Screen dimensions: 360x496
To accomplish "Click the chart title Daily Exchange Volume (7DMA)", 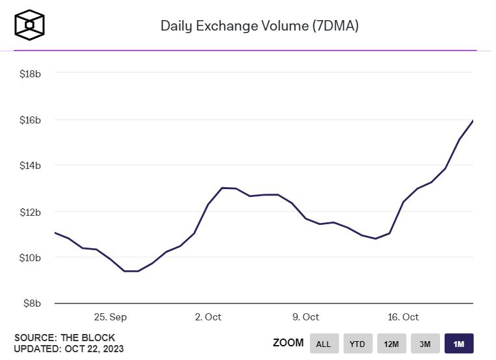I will pos(259,27).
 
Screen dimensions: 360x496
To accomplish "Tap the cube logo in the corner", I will pos(30,25).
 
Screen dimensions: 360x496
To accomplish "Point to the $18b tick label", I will pos(31,74).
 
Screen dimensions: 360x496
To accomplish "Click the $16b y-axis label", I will pos(31,120).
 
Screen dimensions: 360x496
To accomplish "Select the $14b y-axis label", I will pos(31,166).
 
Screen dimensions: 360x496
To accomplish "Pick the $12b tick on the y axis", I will pos(31,212).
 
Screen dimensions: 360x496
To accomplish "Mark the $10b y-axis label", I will pos(31,258).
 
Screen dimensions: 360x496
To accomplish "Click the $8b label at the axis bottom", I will pos(33,303).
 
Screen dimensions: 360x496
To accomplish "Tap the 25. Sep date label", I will pos(111,317).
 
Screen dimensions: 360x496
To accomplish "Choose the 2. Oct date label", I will pos(208,317).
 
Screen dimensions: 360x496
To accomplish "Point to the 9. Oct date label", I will pos(306,317).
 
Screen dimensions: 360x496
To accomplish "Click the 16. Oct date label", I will pos(403,317).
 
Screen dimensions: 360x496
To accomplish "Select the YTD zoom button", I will pos(358,344).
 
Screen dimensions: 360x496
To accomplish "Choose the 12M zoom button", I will pos(391,344).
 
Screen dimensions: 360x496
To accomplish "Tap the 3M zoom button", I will pos(425,344).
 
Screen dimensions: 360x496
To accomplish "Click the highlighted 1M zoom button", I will pos(459,344).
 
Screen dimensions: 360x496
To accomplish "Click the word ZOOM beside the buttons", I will pos(288,343).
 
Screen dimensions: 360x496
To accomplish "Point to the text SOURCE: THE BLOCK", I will pos(64,337).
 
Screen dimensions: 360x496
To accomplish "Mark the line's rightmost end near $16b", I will pos(473,121).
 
